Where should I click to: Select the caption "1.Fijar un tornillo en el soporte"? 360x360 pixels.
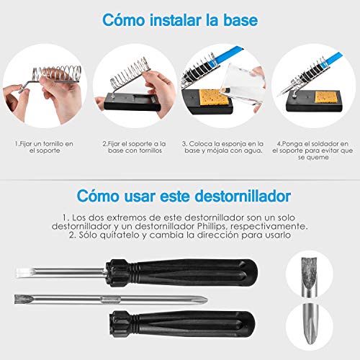[43, 148]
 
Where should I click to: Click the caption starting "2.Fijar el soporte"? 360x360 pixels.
[135, 148]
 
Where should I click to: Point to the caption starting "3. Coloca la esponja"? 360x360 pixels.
[225, 148]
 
